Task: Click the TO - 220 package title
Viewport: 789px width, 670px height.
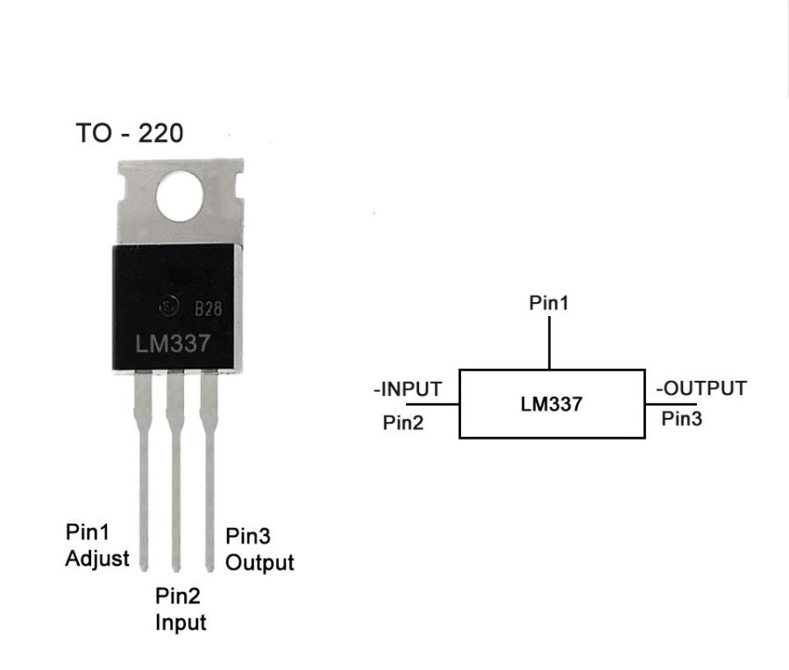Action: tap(130, 134)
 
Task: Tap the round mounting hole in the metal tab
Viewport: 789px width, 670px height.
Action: tap(180, 194)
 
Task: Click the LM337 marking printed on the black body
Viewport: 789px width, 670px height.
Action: tap(173, 343)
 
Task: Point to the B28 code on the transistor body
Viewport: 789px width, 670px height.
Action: tap(208, 308)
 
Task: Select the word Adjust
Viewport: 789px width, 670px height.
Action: tap(97, 558)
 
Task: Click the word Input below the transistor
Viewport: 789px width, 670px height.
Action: tap(181, 623)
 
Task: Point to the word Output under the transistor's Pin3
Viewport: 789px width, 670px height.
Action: tap(259, 561)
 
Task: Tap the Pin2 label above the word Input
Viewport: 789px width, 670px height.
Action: tap(178, 597)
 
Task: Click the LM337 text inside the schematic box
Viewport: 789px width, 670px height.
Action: tap(551, 405)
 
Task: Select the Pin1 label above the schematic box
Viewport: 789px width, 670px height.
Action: tap(549, 303)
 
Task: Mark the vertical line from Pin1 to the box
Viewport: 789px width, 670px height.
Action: tap(550, 343)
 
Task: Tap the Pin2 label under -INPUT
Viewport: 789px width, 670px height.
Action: tap(404, 422)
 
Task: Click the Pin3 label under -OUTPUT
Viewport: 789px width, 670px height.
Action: tap(681, 419)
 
